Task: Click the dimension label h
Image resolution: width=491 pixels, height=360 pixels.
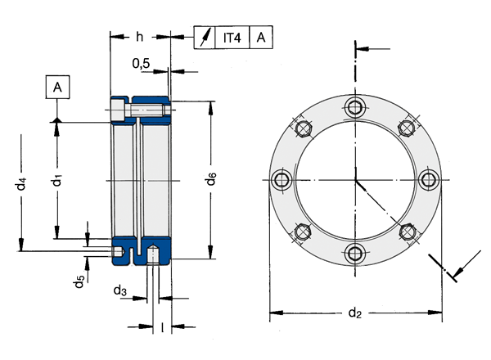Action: (140, 37)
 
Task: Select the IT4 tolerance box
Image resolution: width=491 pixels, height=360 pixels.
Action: (232, 38)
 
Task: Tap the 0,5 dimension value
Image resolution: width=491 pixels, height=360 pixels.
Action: (141, 64)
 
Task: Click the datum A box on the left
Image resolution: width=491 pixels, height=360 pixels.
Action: (57, 87)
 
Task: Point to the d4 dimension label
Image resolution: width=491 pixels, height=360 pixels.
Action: (21, 184)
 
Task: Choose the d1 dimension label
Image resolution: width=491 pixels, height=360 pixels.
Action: (57, 181)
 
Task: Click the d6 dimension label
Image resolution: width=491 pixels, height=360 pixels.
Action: (211, 178)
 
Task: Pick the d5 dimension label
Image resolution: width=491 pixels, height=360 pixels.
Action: (79, 281)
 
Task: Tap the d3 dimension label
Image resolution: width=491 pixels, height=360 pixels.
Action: (120, 290)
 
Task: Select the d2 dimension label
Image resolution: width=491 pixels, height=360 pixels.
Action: (355, 312)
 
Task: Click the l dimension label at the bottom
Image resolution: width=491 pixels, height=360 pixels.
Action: (162, 328)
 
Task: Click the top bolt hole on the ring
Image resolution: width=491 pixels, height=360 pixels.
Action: (355, 107)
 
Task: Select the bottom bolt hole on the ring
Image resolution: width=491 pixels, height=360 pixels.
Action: (355, 253)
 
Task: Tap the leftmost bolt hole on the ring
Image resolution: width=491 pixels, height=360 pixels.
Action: (282, 180)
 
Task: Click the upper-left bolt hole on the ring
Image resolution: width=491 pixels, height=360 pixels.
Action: (303, 128)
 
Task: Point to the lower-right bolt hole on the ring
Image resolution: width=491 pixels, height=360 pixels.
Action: (407, 232)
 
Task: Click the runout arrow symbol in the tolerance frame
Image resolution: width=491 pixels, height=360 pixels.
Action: (205, 38)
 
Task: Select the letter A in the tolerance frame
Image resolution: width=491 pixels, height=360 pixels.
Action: (261, 38)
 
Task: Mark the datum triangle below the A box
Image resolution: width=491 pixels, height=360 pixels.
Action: (57, 120)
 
